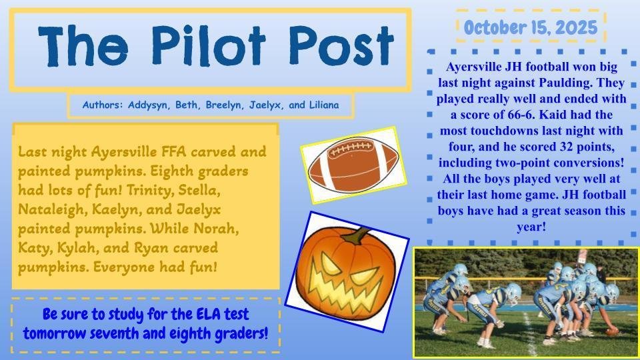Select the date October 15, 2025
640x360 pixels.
531,27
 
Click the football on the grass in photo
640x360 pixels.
611,331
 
